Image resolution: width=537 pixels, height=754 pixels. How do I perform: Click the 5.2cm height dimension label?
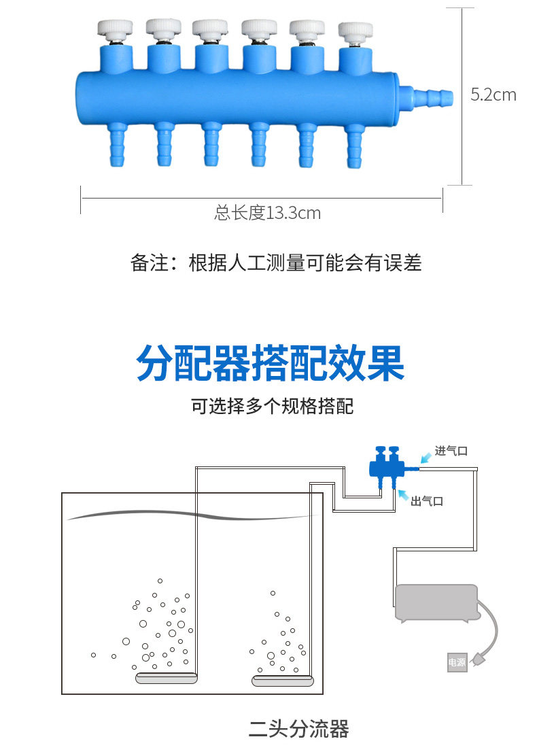pos(493,95)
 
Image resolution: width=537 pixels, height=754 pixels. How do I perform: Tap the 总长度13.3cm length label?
pos(268,213)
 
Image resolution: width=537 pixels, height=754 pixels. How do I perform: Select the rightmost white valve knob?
pos(356,31)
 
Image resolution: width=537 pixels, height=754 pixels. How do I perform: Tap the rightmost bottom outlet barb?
pos(353,145)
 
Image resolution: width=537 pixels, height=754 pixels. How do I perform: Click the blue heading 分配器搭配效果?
pos(270,364)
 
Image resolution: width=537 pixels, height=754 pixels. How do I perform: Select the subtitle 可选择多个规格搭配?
pos(272,407)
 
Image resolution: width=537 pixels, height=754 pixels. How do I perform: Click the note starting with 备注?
pos(276,263)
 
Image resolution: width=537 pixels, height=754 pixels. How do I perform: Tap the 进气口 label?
pos(451,451)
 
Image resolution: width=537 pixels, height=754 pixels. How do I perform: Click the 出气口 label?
pos(427,501)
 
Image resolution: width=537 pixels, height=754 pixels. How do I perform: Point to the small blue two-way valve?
pos(385,466)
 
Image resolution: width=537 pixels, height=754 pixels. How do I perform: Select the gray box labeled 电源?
pos(457,662)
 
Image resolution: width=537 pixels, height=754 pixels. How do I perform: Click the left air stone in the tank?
pos(167,677)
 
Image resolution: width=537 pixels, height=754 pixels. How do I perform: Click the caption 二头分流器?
pos(298,730)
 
